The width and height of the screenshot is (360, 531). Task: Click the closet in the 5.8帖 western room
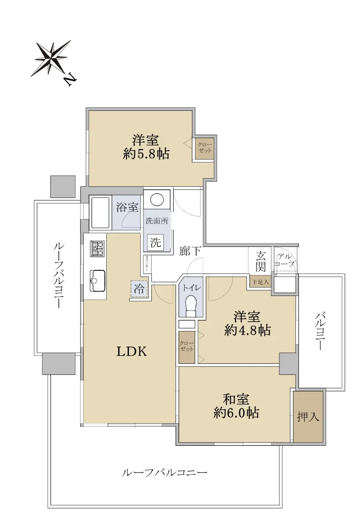205,148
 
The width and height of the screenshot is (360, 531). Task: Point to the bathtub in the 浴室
101,212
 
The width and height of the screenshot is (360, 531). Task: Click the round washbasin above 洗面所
157,199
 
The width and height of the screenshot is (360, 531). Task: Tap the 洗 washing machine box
155,242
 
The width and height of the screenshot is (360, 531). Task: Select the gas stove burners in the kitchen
97,248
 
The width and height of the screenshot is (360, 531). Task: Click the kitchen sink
97,281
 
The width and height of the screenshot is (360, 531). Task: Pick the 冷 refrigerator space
139,289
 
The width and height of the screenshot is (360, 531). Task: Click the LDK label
132,351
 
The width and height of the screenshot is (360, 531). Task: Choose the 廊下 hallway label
190,251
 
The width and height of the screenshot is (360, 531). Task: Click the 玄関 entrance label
260,262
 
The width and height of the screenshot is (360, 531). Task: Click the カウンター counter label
147,264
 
